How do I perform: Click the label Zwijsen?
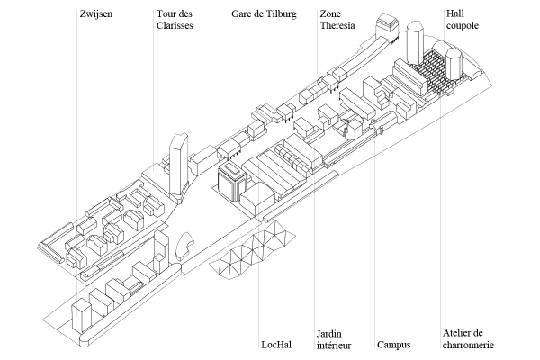[x=96, y=14]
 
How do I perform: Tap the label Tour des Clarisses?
[x=175, y=20]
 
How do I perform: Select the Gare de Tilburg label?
[x=264, y=14]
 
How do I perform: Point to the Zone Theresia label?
[x=337, y=20]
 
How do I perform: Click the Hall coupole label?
[x=463, y=20]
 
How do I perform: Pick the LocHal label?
[x=276, y=345]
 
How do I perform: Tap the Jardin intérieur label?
[x=334, y=339]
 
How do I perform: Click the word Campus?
[x=393, y=345]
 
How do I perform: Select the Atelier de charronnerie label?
[x=468, y=339]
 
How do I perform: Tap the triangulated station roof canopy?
[x=252, y=251]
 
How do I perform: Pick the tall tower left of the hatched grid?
[x=415, y=42]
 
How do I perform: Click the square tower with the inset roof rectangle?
[x=231, y=182]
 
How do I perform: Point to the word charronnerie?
[x=468, y=345]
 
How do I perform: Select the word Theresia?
[x=337, y=25]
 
